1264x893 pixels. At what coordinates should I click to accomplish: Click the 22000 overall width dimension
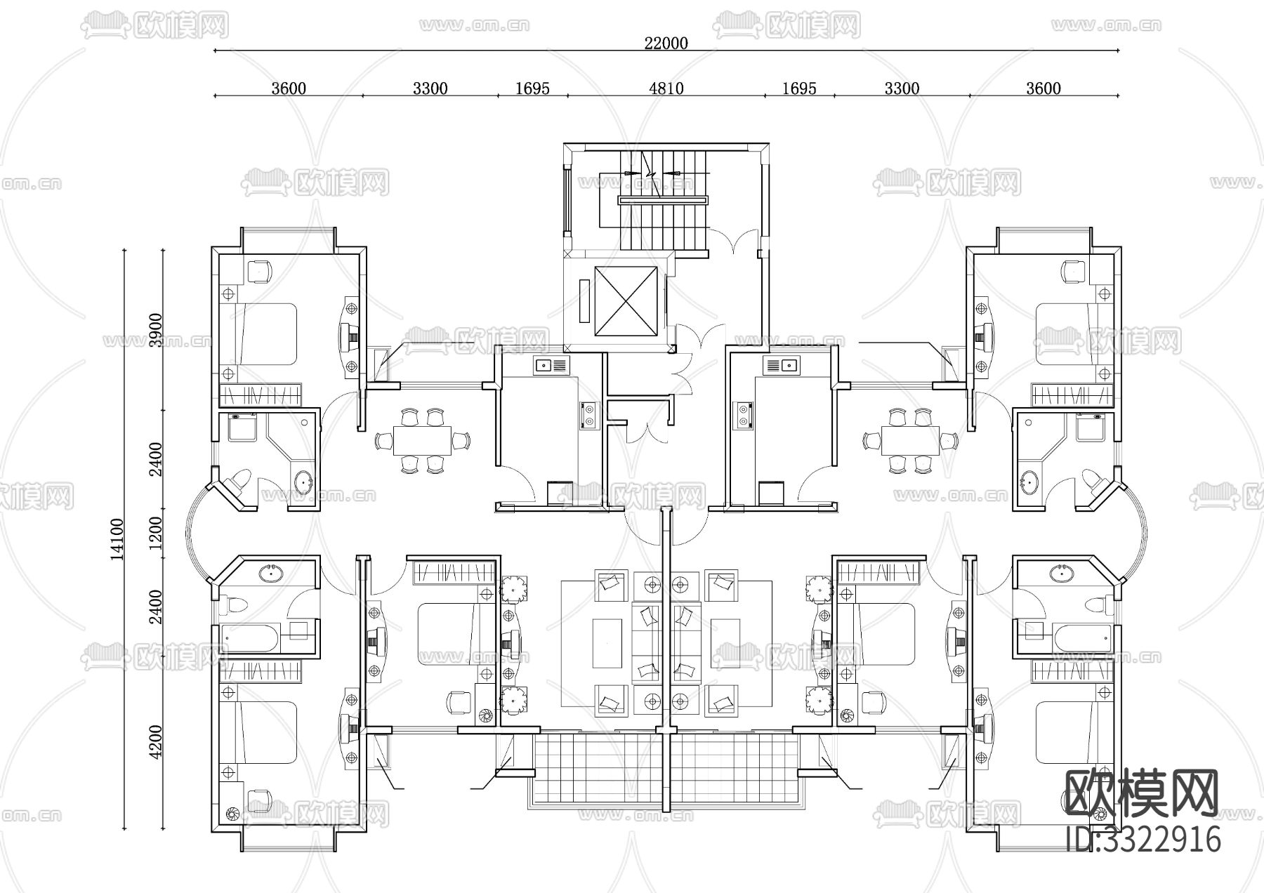(x=666, y=43)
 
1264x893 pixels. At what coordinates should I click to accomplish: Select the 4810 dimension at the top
(x=666, y=88)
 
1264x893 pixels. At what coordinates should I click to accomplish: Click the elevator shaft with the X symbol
(x=628, y=301)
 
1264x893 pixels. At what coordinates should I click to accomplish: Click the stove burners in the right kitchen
(x=743, y=415)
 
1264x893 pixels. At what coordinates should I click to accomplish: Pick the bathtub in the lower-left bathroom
(x=251, y=639)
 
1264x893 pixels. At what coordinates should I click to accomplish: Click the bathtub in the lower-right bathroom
(x=1081, y=638)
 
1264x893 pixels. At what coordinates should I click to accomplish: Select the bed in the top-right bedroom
(x=1067, y=334)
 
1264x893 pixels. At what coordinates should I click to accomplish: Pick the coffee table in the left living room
(x=607, y=642)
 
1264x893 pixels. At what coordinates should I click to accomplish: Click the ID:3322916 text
(x=1143, y=840)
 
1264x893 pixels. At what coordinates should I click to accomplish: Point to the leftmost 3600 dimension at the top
(x=288, y=88)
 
